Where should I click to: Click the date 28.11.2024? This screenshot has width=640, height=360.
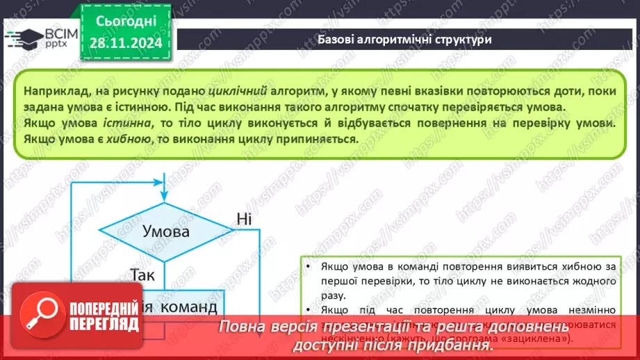point(125,42)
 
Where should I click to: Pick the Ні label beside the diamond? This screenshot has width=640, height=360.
point(244,219)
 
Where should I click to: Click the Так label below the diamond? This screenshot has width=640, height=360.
point(143,275)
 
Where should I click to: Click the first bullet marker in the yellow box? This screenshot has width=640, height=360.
point(307,267)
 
